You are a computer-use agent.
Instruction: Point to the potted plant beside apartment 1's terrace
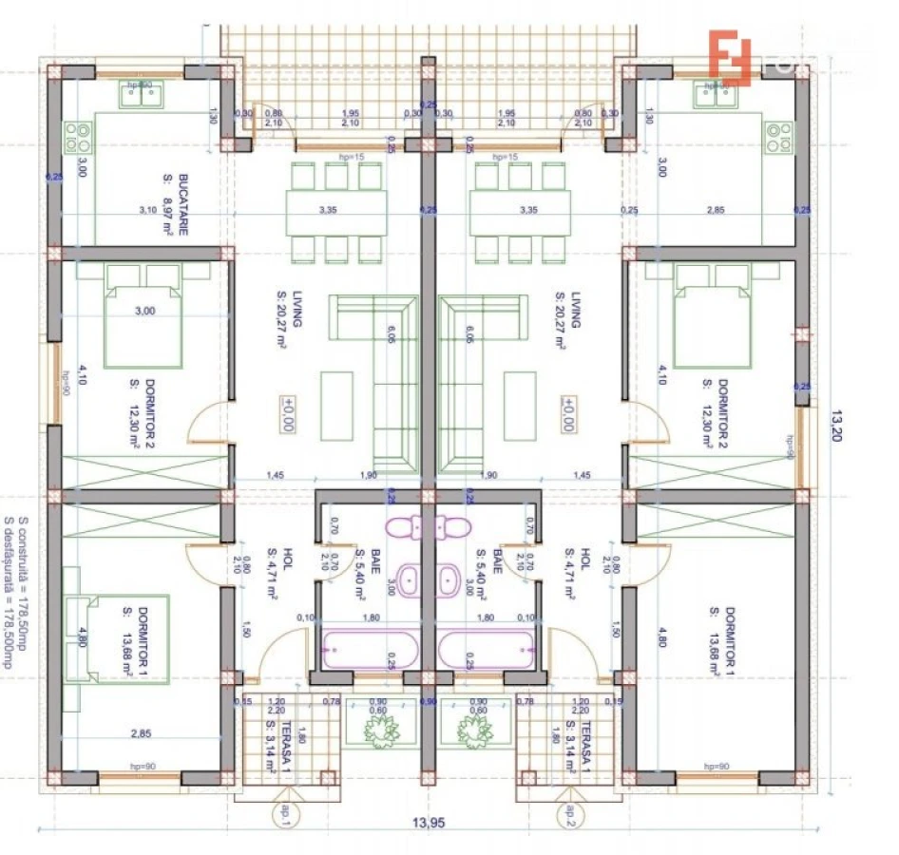[382, 729]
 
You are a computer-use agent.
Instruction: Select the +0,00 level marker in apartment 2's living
[567, 415]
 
